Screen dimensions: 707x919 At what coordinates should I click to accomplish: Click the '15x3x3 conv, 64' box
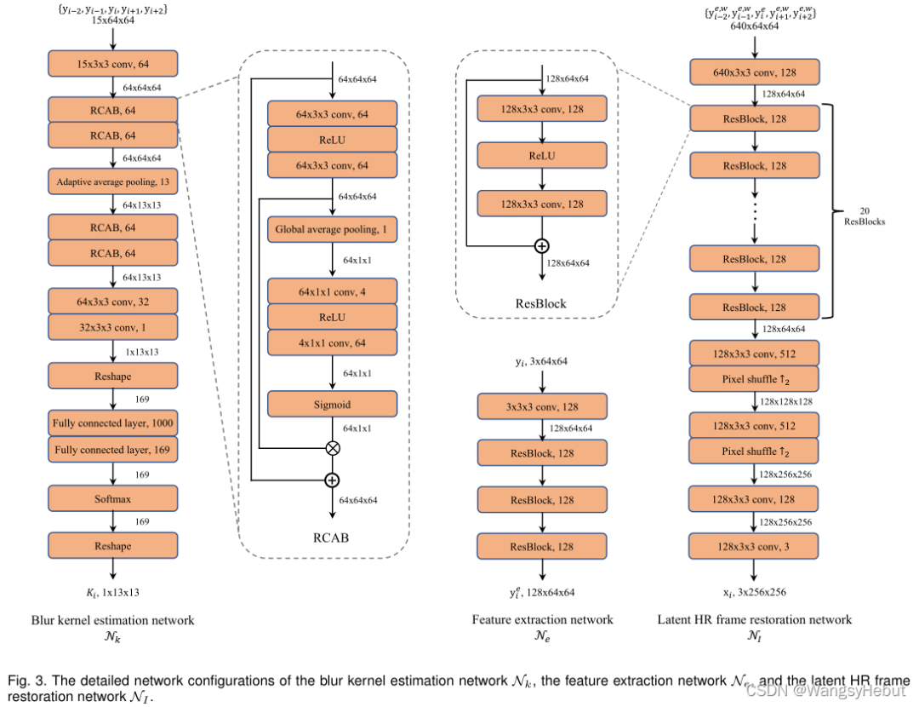tap(113, 63)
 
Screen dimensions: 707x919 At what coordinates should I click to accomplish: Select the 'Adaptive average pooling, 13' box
tap(113, 181)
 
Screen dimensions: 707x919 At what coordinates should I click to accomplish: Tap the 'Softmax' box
tap(113, 497)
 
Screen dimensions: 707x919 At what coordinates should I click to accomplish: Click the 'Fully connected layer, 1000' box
tap(113, 422)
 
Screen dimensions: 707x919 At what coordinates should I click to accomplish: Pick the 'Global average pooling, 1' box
tap(333, 229)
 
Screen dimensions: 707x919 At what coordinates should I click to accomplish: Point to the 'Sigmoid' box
tap(333, 404)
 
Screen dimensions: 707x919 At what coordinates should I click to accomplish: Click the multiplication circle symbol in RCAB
tap(333, 446)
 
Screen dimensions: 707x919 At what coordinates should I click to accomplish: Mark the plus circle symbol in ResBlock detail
tap(541, 246)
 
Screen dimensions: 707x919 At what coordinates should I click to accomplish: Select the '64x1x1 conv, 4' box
tap(333, 291)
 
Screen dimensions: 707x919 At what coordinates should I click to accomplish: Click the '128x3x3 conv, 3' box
tap(755, 545)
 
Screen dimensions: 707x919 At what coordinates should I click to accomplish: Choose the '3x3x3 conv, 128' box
tap(542, 405)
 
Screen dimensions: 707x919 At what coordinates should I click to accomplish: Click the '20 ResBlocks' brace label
tap(863, 216)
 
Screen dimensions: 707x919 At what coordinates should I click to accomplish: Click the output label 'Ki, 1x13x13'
tap(113, 590)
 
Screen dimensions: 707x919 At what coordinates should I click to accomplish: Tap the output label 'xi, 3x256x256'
tap(755, 591)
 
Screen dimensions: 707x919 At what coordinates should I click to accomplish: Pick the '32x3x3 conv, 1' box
tap(113, 325)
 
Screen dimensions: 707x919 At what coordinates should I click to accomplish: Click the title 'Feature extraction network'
tap(542, 619)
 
